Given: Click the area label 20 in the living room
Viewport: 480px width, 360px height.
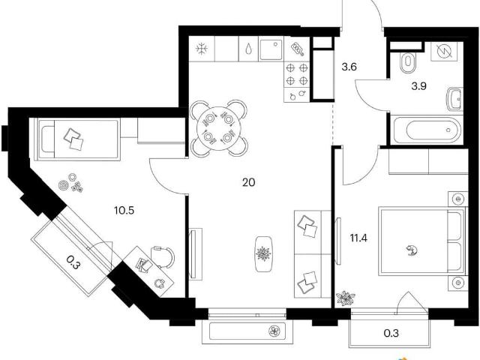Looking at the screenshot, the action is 248,183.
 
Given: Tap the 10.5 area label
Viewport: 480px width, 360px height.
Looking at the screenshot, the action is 124,211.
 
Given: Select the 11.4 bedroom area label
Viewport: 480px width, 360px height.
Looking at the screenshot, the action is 358,238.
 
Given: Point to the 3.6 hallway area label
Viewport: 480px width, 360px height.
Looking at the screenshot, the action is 349,67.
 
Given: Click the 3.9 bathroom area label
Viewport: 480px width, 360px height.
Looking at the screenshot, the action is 418,87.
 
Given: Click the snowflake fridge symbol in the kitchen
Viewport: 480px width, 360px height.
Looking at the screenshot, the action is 202,49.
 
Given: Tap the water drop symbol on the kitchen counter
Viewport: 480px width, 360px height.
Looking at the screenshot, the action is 249,49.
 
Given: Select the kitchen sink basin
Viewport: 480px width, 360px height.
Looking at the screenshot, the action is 271,49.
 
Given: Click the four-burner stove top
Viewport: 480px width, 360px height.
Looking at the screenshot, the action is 297,74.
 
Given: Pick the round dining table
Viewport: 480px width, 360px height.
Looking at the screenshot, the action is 218,128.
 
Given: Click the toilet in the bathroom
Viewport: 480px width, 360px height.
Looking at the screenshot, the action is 407,62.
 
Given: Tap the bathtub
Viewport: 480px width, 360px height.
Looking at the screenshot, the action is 427,130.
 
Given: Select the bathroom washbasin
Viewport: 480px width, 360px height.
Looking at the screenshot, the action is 455,99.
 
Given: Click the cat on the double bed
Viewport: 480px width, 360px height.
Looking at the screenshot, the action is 411,250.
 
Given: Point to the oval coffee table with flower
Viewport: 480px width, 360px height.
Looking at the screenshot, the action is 263,253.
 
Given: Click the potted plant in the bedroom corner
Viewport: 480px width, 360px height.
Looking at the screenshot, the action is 345,298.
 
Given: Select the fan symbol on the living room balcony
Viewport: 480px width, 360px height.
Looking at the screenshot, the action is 274,331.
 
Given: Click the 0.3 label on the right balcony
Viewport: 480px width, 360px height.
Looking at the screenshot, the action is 391,333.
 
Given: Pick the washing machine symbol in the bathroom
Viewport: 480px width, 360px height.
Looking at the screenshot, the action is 444,52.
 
